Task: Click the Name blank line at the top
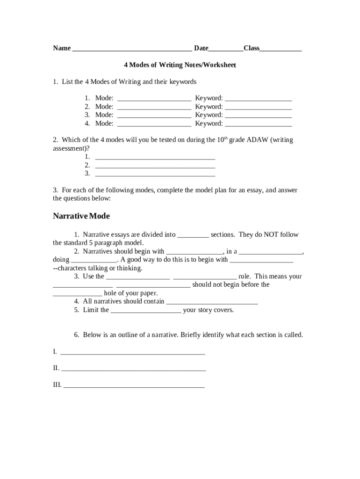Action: tap(132, 49)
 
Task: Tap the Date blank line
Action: tap(226, 49)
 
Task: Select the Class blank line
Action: tap(281, 49)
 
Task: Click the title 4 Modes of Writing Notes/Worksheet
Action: tap(180, 65)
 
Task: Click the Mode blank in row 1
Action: tap(154, 99)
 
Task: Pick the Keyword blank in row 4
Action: tap(259, 124)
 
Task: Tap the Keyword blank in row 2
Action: tap(259, 108)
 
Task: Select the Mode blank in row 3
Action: tap(154, 116)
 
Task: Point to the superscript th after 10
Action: tap(224, 138)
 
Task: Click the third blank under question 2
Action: tap(155, 174)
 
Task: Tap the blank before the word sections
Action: tap(193, 236)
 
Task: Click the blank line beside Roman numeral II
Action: tap(134, 370)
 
